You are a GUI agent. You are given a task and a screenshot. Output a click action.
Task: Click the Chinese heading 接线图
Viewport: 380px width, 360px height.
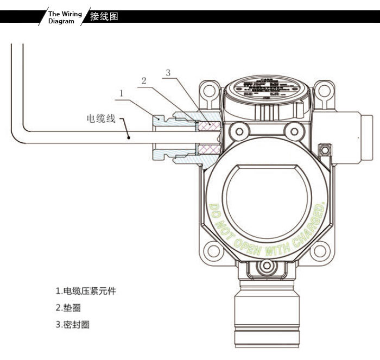pyautogui.click(x=104, y=16)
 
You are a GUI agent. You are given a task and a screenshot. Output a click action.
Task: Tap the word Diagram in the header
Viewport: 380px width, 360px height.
pyautogui.click(x=61, y=21)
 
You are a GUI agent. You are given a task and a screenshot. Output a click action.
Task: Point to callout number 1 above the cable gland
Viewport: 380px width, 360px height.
pyautogui.click(x=122, y=93)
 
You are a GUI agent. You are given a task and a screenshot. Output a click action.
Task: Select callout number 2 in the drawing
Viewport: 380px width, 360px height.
pyautogui.click(x=143, y=80)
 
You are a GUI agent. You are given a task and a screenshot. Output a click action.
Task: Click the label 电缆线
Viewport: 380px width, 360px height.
pyautogui.click(x=102, y=118)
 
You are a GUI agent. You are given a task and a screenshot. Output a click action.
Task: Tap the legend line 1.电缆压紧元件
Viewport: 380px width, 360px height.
pyautogui.click(x=86, y=291)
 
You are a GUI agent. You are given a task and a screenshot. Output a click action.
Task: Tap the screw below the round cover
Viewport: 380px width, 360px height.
pyautogui.click(x=265, y=266)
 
